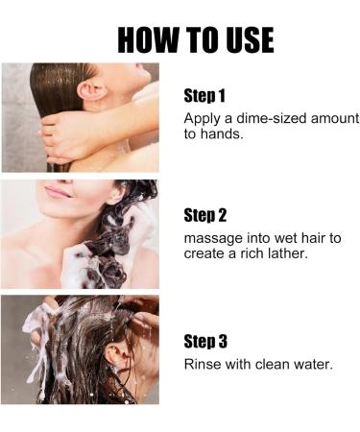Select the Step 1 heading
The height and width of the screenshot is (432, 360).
tap(204, 96)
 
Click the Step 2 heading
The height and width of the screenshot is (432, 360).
tap(205, 216)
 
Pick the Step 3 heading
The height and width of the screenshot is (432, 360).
tap(205, 342)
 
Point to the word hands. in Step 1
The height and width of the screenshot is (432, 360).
tap(222, 133)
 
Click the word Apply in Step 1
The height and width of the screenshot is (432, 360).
tap(203, 119)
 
